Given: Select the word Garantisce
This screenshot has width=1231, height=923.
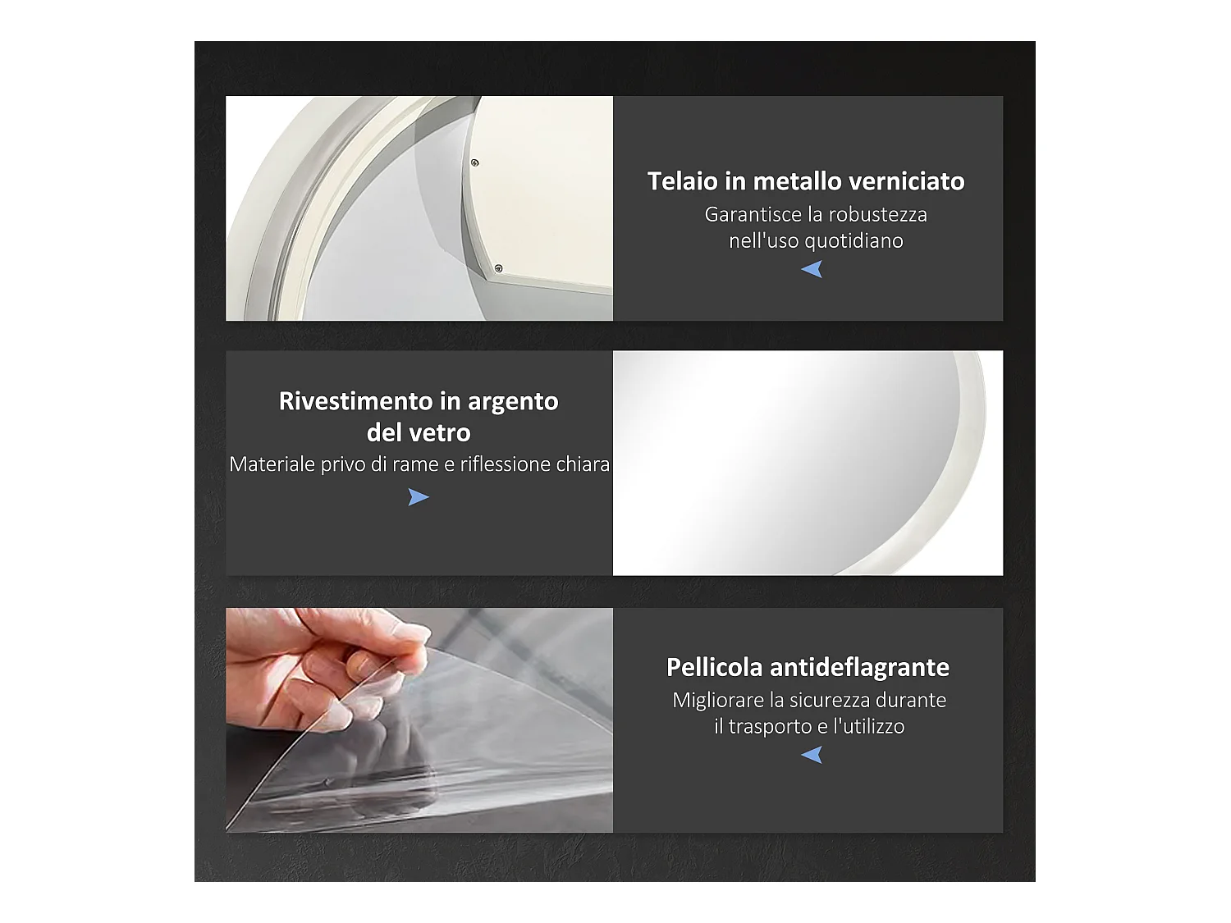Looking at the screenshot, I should point(753,215).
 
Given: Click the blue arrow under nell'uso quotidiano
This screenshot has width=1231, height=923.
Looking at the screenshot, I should point(812,269).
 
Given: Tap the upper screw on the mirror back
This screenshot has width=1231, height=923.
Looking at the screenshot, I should point(474,162).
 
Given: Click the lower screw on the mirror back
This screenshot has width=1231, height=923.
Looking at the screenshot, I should point(498,268).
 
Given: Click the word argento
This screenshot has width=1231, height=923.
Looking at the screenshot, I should point(513,402).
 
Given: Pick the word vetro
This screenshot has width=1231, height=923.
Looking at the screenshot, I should point(442,432).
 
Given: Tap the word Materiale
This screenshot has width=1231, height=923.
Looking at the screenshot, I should point(272,464).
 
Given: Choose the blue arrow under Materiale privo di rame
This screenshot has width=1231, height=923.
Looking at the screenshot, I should point(419,497).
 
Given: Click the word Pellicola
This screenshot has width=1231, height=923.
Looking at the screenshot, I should point(714,667).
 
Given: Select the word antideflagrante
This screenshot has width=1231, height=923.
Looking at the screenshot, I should point(859,667).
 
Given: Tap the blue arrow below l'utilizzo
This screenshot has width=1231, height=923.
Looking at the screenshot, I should point(812,755).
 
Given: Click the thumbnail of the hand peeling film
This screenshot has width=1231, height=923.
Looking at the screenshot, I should point(419,720).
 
